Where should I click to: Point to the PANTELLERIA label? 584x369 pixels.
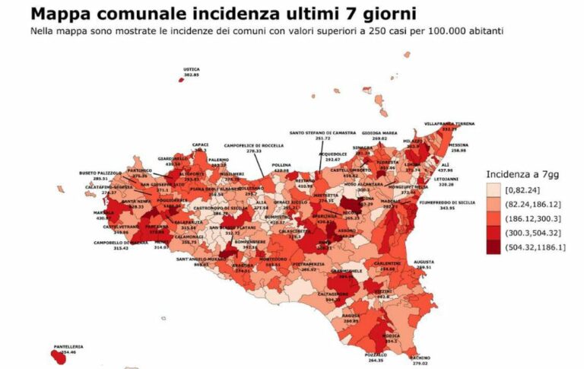[68, 346]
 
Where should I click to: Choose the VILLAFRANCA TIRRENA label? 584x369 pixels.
[449, 123]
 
